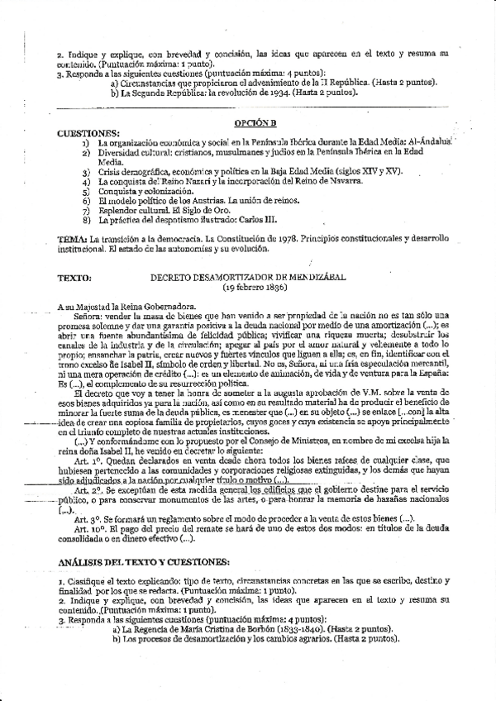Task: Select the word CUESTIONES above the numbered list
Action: (88, 132)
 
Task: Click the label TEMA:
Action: (74, 239)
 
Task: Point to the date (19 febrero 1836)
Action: (255, 289)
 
